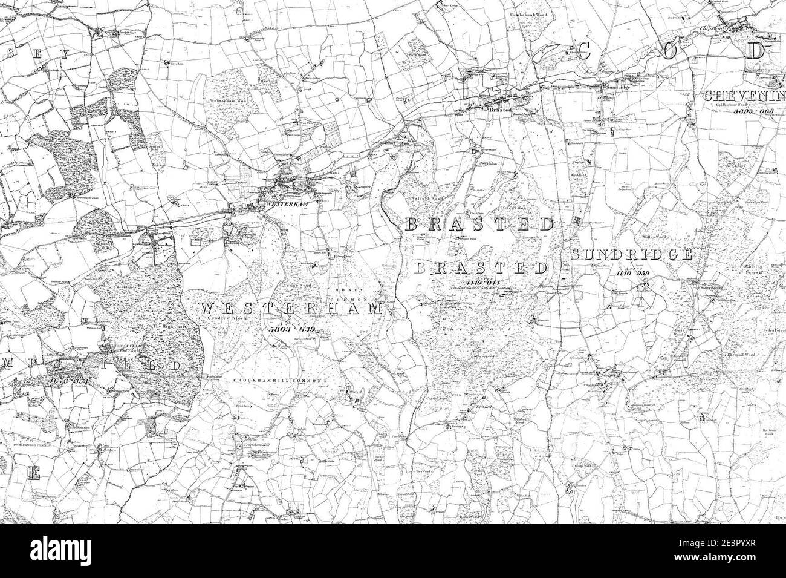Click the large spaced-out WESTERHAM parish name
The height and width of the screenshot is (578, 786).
click(x=290, y=309)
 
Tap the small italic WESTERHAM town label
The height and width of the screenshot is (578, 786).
click(x=287, y=204)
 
